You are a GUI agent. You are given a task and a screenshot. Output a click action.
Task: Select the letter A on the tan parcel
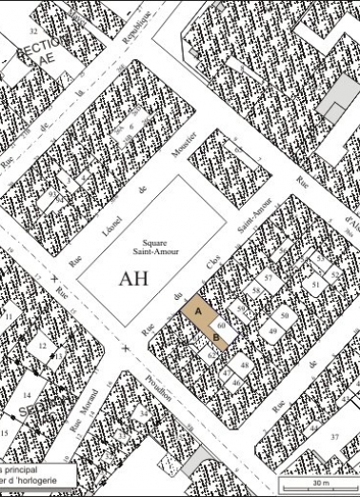(x=198, y=311)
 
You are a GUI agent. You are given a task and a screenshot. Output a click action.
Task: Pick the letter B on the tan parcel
(x=216, y=336)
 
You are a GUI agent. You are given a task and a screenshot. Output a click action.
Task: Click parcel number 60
(x=220, y=325)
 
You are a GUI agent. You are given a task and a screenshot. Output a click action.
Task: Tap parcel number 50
(x=284, y=314)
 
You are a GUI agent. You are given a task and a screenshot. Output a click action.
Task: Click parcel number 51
(x=315, y=283)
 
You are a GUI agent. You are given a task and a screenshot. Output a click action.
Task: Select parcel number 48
(x=245, y=366)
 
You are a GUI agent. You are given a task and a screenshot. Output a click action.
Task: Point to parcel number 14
(x=27, y=394)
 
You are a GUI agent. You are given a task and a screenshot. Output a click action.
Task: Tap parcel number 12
(x=42, y=346)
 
